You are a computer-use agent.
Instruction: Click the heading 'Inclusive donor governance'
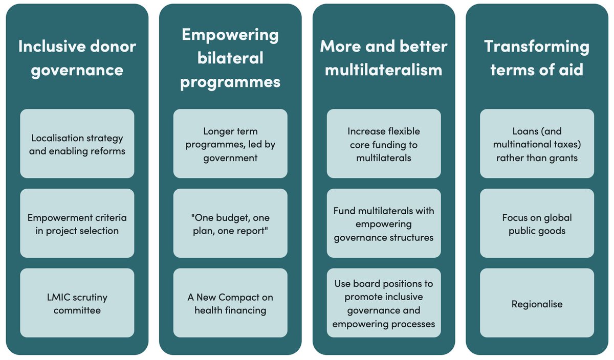click(77, 58)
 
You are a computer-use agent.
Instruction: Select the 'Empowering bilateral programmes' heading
click(230, 58)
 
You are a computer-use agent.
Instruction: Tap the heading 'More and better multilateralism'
click(384, 58)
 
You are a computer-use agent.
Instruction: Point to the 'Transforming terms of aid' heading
click(537, 58)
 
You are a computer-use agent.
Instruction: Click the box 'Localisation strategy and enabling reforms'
click(77, 144)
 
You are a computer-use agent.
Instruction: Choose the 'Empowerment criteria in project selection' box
click(77, 224)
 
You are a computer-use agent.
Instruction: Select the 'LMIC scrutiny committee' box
click(77, 304)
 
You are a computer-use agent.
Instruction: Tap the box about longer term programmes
click(230, 144)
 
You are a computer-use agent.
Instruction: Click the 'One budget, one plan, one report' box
click(230, 224)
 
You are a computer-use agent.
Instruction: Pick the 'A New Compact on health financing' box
click(230, 304)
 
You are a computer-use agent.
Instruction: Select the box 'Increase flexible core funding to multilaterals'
click(384, 144)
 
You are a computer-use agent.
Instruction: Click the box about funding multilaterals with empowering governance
click(384, 224)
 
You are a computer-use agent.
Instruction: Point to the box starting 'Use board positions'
click(384, 304)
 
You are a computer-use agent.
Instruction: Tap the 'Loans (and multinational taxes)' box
click(537, 144)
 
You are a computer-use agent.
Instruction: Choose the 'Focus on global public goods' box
click(537, 224)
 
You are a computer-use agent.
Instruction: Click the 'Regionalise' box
click(537, 304)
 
